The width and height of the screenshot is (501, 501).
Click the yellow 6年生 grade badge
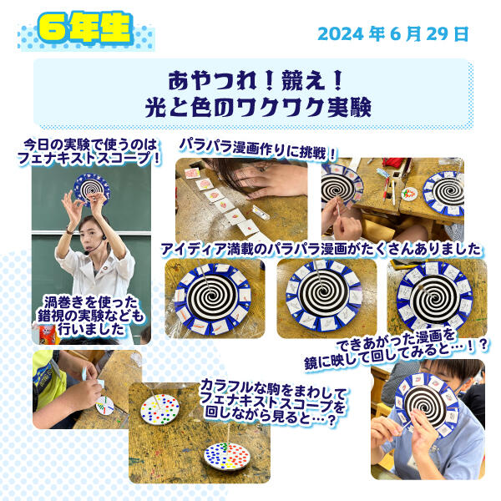(86, 28)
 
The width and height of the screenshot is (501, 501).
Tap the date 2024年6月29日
(393, 34)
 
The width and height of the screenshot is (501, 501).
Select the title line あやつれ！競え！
(256, 80)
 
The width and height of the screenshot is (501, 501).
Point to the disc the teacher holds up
(92, 190)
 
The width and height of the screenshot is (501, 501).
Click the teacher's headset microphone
(86, 253)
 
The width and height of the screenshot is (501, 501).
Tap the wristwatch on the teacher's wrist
(69, 230)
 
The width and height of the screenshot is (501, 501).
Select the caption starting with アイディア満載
(321, 250)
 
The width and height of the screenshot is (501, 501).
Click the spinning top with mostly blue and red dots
(227, 456)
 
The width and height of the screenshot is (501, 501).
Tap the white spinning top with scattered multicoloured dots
(160, 409)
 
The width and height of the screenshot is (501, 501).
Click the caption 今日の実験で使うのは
(90, 144)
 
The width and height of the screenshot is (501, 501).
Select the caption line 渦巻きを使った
(91, 302)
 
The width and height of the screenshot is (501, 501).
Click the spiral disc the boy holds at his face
(428, 405)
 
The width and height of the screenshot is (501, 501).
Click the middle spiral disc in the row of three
(323, 296)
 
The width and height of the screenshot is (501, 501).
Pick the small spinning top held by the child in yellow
(105, 406)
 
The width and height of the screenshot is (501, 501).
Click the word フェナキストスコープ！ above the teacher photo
(89, 159)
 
